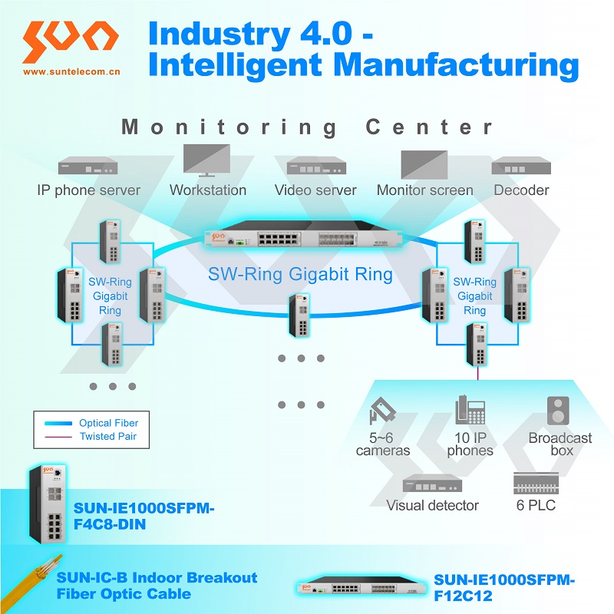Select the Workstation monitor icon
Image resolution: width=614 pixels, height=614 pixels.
click(x=206, y=160)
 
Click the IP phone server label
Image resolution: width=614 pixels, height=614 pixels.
click(x=89, y=190)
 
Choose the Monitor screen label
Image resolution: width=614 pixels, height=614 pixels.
click(x=424, y=190)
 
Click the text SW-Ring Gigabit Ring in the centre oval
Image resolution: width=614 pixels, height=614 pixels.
click(x=300, y=274)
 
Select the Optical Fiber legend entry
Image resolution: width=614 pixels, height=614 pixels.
click(x=108, y=423)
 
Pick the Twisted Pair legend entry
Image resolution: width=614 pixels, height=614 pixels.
click(x=108, y=437)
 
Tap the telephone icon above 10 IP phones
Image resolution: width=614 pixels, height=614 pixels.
click(x=469, y=411)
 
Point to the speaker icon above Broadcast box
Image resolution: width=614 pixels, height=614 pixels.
click(x=558, y=411)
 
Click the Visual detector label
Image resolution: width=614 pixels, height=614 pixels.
click(x=432, y=505)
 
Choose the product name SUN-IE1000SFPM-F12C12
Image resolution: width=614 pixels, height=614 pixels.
click(x=503, y=587)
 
